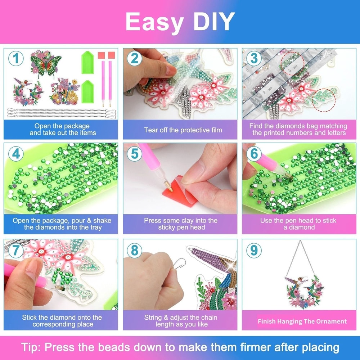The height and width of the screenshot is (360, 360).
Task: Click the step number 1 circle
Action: click(x=16, y=59)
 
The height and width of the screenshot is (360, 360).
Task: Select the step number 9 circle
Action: click(x=254, y=249)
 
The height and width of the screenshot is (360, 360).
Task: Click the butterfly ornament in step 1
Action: click(x=45, y=64)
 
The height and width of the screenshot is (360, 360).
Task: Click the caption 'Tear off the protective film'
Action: click(x=183, y=130)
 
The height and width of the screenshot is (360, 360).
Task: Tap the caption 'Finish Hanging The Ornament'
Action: click(x=302, y=321)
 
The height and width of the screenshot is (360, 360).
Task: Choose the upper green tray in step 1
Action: click(x=87, y=63)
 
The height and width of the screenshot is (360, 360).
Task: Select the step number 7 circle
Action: click(x=16, y=249)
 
